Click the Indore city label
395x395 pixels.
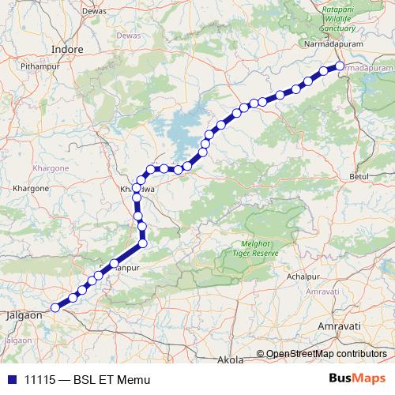tap(66, 49)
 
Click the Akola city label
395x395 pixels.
tap(229, 360)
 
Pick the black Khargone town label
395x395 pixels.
tap(32, 190)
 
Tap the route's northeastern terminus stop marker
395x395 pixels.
tap(340, 66)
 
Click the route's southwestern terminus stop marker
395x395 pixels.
tap(55, 307)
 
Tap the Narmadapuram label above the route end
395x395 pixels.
tap(332, 45)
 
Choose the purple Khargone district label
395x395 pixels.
tap(53, 168)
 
